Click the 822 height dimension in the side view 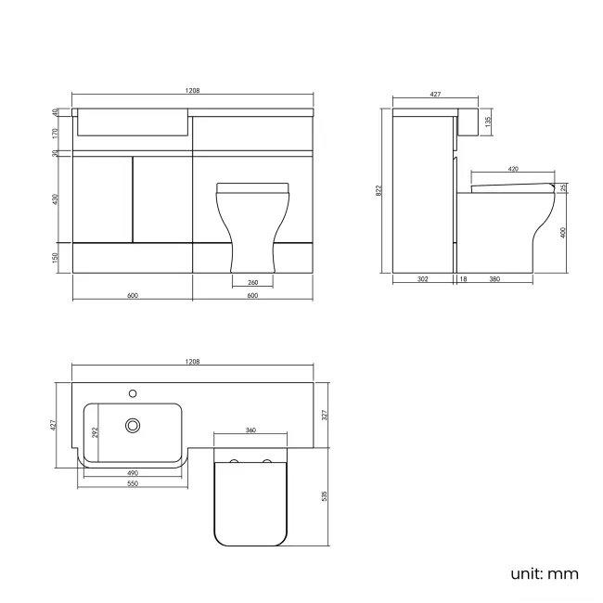[378, 190]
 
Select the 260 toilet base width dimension [253, 282]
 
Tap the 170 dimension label [56, 133]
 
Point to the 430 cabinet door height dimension [56, 199]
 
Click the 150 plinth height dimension [56, 257]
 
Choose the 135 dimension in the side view [488, 121]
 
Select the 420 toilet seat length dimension [513, 170]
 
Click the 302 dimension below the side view [423, 279]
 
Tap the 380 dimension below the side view [495, 279]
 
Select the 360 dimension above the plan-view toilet [250, 430]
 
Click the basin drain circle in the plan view [133, 426]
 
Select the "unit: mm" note [544, 573]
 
